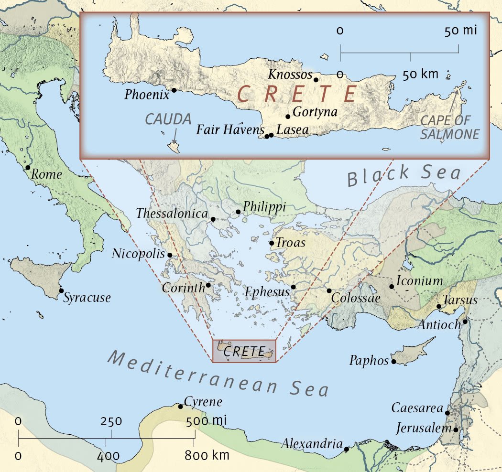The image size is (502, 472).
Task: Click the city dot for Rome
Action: pyautogui.click(x=28, y=168)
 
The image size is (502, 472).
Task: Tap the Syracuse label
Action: pyautogui.click(x=87, y=298)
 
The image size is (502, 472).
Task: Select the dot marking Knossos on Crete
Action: pyautogui.click(x=316, y=80)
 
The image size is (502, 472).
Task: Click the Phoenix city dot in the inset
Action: pyautogui.click(x=174, y=90)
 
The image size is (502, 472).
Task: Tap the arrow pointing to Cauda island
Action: pyautogui.click(x=174, y=135)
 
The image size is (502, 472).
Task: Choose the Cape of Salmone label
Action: pyautogui.click(x=449, y=127)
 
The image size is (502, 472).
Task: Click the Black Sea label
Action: pyautogui.click(x=404, y=175)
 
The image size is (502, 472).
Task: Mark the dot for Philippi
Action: pyautogui.click(x=238, y=212)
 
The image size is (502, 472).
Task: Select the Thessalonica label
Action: pyautogui.click(x=172, y=214)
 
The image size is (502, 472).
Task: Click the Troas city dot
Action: pyautogui.click(x=272, y=243)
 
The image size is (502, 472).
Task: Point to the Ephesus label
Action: pyautogui.click(x=267, y=291)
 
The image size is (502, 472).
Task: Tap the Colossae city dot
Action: pyautogui.click(x=329, y=291)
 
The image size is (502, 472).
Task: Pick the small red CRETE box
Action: pyautogui.click(x=244, y=352)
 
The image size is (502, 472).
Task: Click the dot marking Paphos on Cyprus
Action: pyautogui.click(x=393, y=362)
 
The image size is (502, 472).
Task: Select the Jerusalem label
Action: pyautogui.click(x=424, y=429)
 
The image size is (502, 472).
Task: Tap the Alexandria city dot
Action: pyautogui.click(x=346, y=449)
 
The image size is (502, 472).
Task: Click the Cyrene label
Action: pyautogui.click(x=203, y=402)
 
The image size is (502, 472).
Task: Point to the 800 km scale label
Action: pyautogui.click(x=207, y=455)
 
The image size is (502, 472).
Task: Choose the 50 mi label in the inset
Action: pyautogui.click(x=461, y=32)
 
